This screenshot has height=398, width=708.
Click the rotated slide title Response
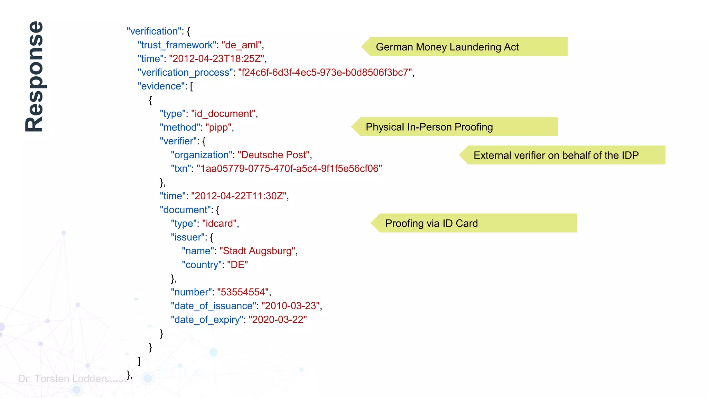point(35,77)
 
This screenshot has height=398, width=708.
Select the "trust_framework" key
point(177,45)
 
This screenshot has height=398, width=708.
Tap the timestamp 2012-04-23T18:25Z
point(217,59)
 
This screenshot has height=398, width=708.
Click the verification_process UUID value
point(325,73)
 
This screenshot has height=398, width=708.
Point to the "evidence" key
point(161,86)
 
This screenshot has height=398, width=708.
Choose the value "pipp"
point(218,127)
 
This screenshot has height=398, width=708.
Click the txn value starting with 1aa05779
point(289,169)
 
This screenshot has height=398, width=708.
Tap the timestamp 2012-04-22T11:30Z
point(239,196)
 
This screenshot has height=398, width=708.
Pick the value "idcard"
point(220,224)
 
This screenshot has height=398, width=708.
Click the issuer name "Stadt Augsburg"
point(258,251)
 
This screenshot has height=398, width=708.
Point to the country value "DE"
point(237,265)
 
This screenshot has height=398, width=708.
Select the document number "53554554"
point(243,292)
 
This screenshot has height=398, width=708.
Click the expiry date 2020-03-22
point(278,320)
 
